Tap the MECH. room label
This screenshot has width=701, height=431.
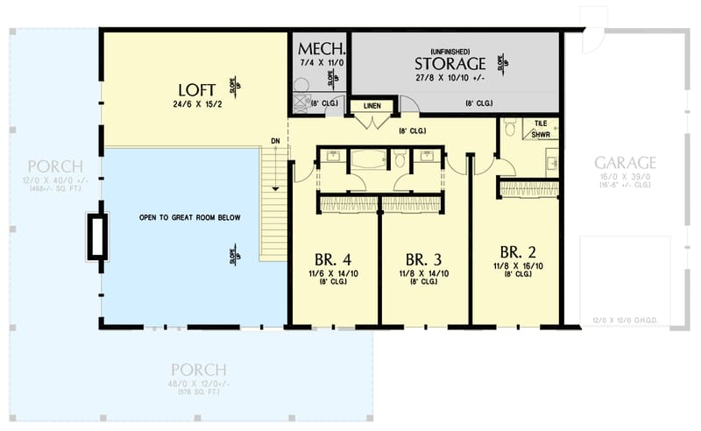tap(321, 47)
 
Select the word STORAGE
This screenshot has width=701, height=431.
tap(450, 64)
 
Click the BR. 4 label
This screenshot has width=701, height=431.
tap(335, 260)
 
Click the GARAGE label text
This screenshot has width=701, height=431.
tap(626, 163)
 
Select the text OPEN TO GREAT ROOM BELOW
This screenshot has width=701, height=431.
tap(189, 218)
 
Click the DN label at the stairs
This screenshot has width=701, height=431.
tap(275, 140)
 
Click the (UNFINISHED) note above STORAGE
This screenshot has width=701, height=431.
tap(450, 50)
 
